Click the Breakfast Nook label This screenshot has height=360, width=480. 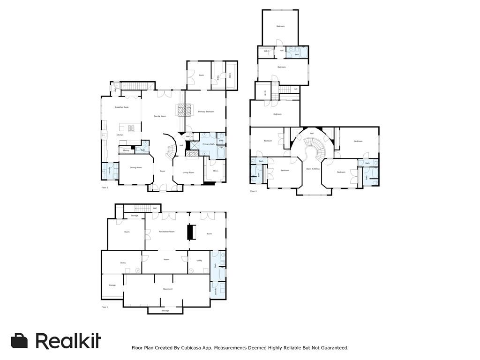pyautogui.click(x=121, y=107)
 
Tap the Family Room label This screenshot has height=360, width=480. pyautogui.click(x=160, y=116)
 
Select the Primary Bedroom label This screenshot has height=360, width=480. pyautogui.click(x=206, y=112)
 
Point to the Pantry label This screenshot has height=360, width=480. pyautogui.click(x=126, y=150)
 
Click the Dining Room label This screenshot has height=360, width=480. pyautogui.click(x=136, y=167)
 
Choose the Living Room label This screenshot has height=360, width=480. pyautogui.click(x=188, y=172)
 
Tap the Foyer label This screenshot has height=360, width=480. pyautogui.click(x=163, y=171)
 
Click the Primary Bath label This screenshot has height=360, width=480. pyautogui.click(x=209, y=144)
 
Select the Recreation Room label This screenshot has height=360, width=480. pyautogui.click(x=167, y=232)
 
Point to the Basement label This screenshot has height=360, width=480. pyautogui.click(x=168, y=289)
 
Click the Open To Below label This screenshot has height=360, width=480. pyautogui.click(x=313, y=169)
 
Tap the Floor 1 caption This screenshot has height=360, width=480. pyautogui.click(x=105, y=307)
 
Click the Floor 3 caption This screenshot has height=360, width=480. pyautogui.click(x=253, y=191)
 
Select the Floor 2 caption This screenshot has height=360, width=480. pyautogui.click(x=105, y=187)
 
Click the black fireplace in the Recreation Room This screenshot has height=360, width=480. pyautogui.click(x=190, y=232)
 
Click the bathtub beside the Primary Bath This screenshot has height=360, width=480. pyautogui.click(x=221, y=153)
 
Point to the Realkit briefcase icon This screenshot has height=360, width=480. pyautogui.click(x=19, y=341)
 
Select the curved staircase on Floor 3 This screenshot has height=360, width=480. pyautogui.click(x=313, y=150)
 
